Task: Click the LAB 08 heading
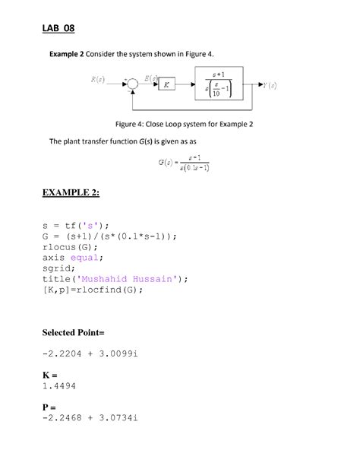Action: (x=58, y=28)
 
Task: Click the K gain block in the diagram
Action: (x=166, y=84)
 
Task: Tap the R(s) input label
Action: (x=97, y=79)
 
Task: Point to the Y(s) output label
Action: (x=268, y=85)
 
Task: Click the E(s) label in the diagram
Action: (x=151, y=78)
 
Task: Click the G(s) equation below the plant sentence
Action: (x=184, y=162)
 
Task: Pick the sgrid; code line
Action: (x=62, y=268)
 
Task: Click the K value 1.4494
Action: (x=59, y=385)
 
